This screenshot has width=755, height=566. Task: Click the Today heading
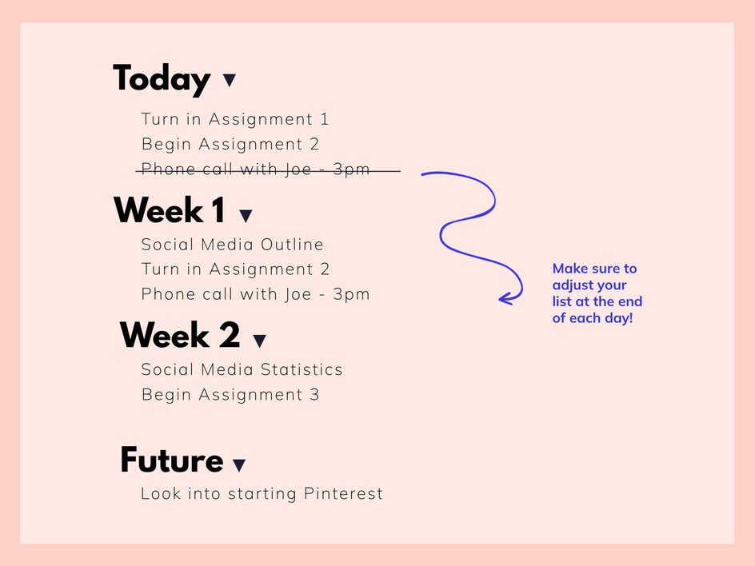tap(162, 79)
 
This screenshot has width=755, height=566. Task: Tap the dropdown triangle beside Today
tap(230, 80)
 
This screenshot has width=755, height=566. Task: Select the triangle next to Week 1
tap(246, 216)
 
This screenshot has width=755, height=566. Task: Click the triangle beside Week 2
tap(259, 341)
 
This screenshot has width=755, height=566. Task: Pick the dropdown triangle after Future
tap(239, 465)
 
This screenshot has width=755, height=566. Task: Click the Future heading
tap(172, 460)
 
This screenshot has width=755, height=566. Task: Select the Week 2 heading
tap(180, 335)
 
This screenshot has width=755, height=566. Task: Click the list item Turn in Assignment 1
tap(235, 119)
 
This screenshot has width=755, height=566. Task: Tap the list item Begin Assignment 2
tap(230, 145)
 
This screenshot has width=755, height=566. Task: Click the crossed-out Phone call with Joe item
tap(256, 169)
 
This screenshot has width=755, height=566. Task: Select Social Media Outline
tap(232, 245)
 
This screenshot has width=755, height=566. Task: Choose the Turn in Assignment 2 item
tap(235, 269)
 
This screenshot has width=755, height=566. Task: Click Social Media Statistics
tap(242, 369)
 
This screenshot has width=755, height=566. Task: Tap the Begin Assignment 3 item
tap(230, 395)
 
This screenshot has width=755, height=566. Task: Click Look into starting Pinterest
tap(262, 494)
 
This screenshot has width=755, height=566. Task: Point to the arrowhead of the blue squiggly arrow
tap(499, 299)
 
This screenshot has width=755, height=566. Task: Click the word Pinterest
tap(343, 494)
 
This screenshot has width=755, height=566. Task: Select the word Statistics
tap(302, 369)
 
